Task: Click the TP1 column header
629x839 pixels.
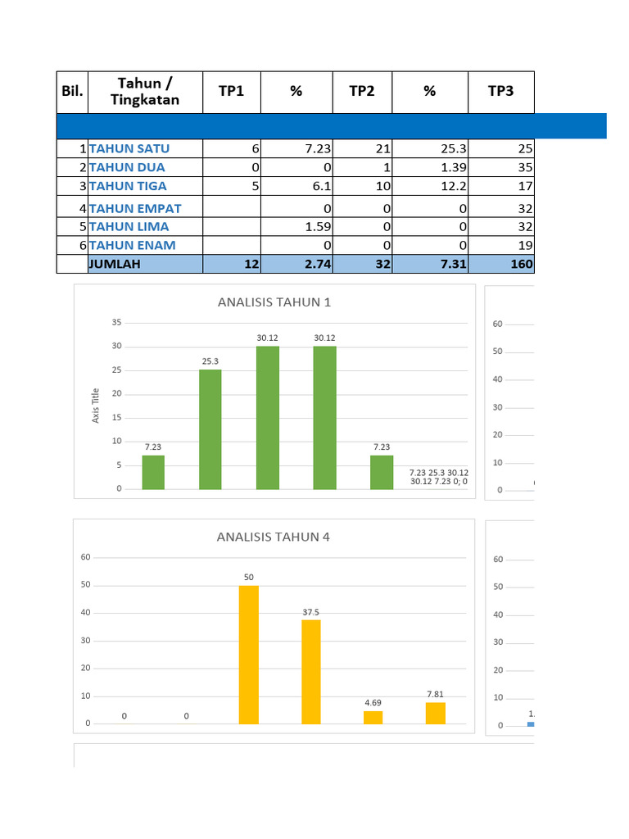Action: pyautogui.click(x=231, y=91)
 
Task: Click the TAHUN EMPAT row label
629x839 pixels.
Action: pyautogui.click(x=135, y=208)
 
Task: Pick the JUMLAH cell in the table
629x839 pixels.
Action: pyautogui.click(x=115, y=264)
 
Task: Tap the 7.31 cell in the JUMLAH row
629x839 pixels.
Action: pyautogui.click(x=430, y=264)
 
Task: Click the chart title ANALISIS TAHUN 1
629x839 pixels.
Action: pyautogui.click(x=274, y=302)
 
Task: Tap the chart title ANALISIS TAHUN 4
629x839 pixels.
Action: pyautogui.click(x=274, y=537)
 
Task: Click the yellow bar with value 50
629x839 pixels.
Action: pyautogui.click(x=249, y=655)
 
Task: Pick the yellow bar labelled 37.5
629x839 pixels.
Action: pyautogui.click(x=311, y=672)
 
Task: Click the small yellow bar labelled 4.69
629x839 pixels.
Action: pyautogui.click(x=373, y=717)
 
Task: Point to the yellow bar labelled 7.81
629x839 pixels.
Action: pyautogui.click(x=436, y=713)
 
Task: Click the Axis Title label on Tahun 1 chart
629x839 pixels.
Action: pyautogui.click(x=96, y=405)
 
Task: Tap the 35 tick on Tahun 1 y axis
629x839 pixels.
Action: pyautogui.click(x=117, y=323)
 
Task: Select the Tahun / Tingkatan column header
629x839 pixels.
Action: pyautogui.click(x=145, y=91)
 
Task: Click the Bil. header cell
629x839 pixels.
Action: pyautogui.click(x=72, y=91)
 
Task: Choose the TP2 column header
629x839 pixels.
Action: pyautogui.click(x=362, y=91)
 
